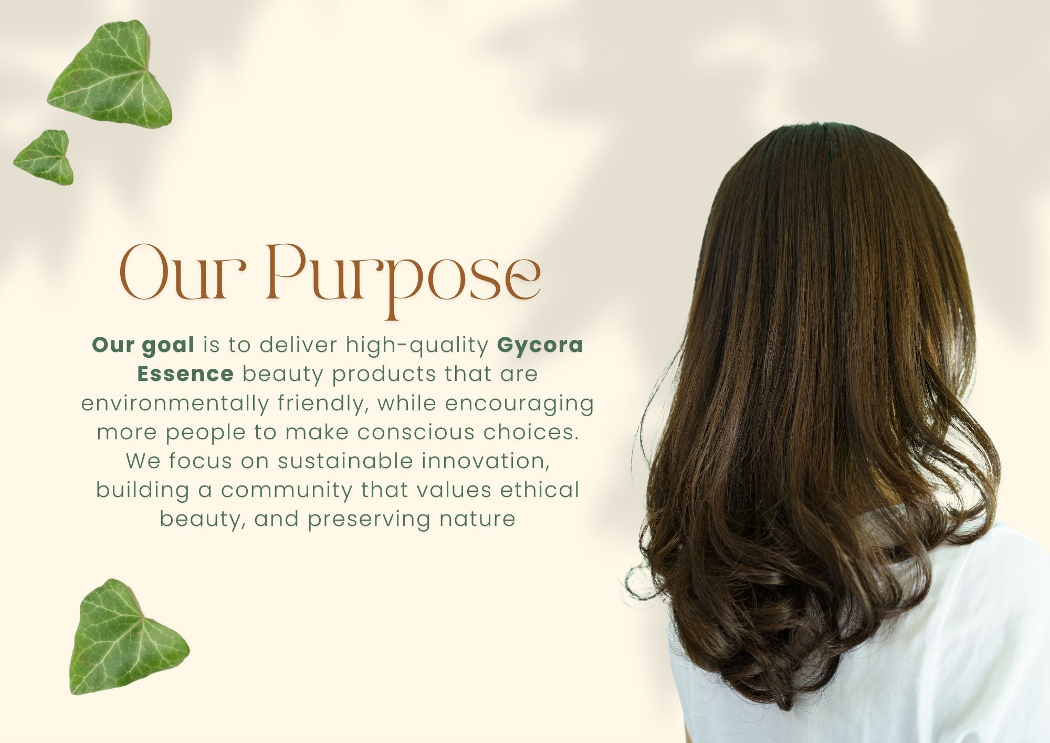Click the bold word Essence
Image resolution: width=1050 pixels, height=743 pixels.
[185, 374]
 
